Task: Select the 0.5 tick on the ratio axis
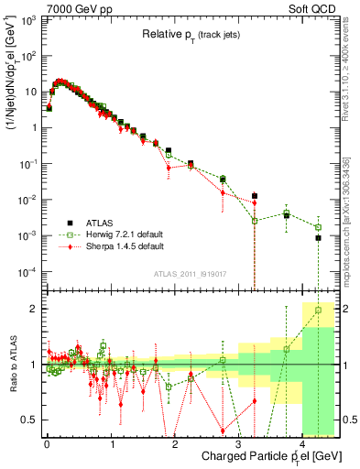tap(29, 420)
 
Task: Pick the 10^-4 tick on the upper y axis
tap(27, 272)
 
